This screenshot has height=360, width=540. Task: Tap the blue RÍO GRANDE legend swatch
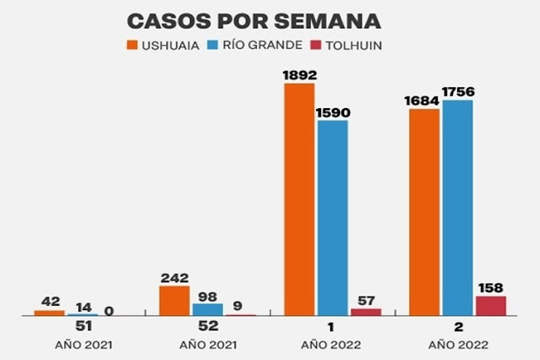(215, 45)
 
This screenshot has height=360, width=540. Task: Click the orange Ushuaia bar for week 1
(300, 199)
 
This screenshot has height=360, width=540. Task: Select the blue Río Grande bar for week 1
(333, 218)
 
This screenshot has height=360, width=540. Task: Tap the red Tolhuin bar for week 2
(490, 306)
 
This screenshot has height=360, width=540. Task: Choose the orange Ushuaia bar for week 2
(424, 212)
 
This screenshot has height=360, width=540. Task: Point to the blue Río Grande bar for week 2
(457, 208)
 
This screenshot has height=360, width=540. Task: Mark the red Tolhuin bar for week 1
(366, 312)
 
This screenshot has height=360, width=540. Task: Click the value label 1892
(300, 74)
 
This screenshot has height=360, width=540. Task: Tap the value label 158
(491, 286)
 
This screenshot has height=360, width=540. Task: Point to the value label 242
(174, 277)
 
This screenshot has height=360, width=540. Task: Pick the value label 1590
(333, 111)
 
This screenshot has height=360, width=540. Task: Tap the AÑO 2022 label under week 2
(457, 345)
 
